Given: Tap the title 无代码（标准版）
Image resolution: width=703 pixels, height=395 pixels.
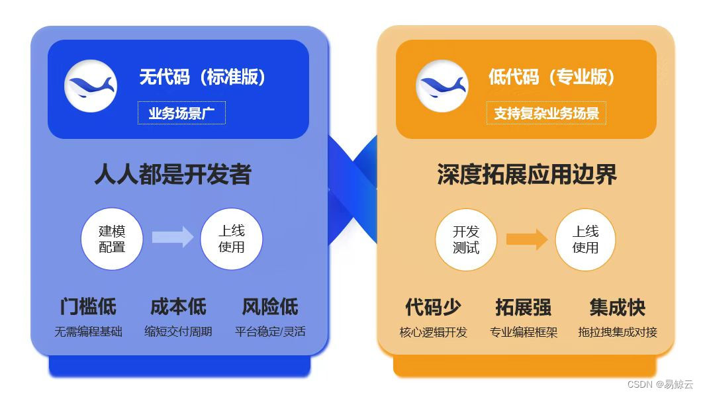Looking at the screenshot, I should pyautogui.click(x=203, y=77).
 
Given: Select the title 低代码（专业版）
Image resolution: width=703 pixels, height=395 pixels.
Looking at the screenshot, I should pyautogui.click(x=552, y=77).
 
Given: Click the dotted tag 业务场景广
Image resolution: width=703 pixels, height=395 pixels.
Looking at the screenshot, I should pyautogui.click(x=181, y=113).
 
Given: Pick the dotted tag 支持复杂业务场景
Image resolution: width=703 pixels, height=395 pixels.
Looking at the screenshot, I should pyautogui.click(x=546, y=113).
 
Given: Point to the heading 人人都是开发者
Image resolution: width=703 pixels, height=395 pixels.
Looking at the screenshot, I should pyautogui.click(x=173, y=175).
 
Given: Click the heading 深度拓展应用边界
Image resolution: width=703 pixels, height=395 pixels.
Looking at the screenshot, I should pyautogui.click(x=527, y=175).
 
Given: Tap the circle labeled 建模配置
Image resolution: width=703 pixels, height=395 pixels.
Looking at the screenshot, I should pyautogui.click(x=112, y=239).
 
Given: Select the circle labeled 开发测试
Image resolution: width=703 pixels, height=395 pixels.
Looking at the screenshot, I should pyautogui.click(x=466, y=240).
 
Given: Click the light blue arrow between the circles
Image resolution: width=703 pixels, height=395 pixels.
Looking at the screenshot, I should pyautogui.click(x=172, y=237).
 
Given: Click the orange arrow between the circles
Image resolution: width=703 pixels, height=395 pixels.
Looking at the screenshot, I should pyautogui.click(x=527, y=238).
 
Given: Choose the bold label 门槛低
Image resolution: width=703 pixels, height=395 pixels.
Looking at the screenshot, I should pyautogui.click(x=88, y=307).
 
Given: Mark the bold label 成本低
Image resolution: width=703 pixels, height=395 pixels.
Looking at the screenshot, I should pyautogui.click(x=178, y=307).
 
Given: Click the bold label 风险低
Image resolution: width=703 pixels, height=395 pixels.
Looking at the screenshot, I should pyautogui.click(x=270, y=307).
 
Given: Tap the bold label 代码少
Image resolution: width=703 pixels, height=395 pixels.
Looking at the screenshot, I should pyautogui.click(x=433, y=308).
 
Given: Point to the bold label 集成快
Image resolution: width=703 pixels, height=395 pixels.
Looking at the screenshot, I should pyautogui.click(x=617, y=308).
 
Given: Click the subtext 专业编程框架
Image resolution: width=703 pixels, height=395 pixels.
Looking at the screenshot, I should pyautogui.click(x=524, y=332).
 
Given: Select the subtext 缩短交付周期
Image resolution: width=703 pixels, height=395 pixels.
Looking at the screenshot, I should pyautogui.click(x=178, y=331).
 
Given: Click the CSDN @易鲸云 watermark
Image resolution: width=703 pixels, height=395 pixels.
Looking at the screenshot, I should pyautogui.click(x=660, y=384).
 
